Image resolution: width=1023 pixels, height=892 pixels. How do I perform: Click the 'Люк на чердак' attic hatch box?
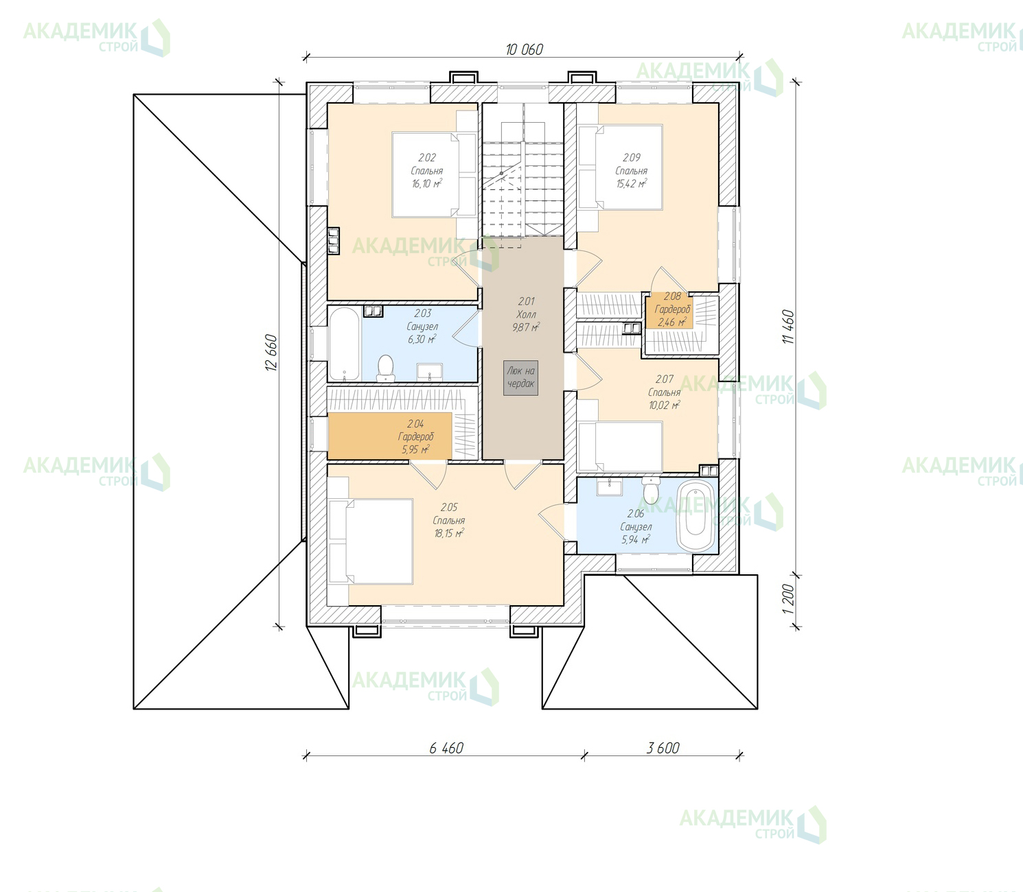click(x=520, y=377)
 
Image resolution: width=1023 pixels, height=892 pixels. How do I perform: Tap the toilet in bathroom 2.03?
click(x=385, y=368)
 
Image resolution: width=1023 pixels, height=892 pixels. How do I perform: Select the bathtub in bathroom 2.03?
click(x=344, y=344)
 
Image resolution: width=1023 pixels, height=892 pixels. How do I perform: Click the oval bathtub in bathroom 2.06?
click(x=696, y=516)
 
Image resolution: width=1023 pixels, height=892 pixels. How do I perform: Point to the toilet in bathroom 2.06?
click(x=651, y=490)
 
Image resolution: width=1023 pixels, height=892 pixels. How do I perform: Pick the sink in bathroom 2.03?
click(x=430, y=373)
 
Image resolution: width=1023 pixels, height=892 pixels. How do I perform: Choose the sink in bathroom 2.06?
click(x=610, y=486)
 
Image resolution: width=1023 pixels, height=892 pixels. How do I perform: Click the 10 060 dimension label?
click(x=524, y=49)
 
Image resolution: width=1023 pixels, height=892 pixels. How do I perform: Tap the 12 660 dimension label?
click(x=271, y=352)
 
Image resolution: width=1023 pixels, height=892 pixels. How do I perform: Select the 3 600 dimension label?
click(x=663, y=748)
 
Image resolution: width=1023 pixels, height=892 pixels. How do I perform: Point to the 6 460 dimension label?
click(x=446, y=748)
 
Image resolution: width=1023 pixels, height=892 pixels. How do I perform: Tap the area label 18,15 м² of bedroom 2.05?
click(x=449, y=533)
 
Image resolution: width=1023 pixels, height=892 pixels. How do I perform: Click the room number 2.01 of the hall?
click(x=526, y=301)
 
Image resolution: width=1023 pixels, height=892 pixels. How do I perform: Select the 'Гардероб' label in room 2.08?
click(x=672, y=309)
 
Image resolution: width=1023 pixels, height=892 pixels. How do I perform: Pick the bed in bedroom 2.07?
click(x=620, y=447)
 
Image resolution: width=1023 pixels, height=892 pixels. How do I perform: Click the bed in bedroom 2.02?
click(x=433, y=174)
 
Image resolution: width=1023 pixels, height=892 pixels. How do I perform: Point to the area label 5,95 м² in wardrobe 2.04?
click(x=416, y=449)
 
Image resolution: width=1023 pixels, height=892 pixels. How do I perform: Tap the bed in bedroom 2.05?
click(x=371, y=541)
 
